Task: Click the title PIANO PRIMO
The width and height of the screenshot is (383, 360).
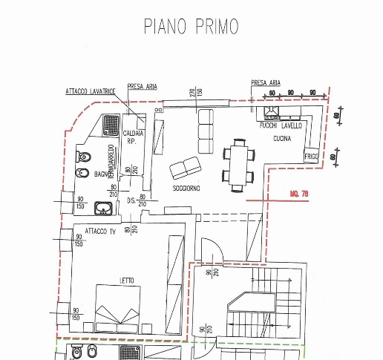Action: (x=191, y=26)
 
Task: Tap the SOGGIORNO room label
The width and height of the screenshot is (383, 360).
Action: (x=187, y=189)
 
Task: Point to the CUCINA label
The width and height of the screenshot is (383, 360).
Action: (x=282, y=139)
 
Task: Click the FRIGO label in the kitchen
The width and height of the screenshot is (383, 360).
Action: (x=312, y=157)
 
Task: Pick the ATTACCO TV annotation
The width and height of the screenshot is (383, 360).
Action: (x=100, y=231)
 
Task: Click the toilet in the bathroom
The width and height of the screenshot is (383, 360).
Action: (x=85, y=156)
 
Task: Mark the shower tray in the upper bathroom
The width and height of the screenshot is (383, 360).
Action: (x=112, y=123)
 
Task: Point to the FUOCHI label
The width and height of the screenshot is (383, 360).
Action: (x=268, y=127)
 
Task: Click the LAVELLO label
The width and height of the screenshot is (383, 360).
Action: (x=291, y=127)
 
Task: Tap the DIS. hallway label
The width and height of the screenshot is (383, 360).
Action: (x=131, y=200)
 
